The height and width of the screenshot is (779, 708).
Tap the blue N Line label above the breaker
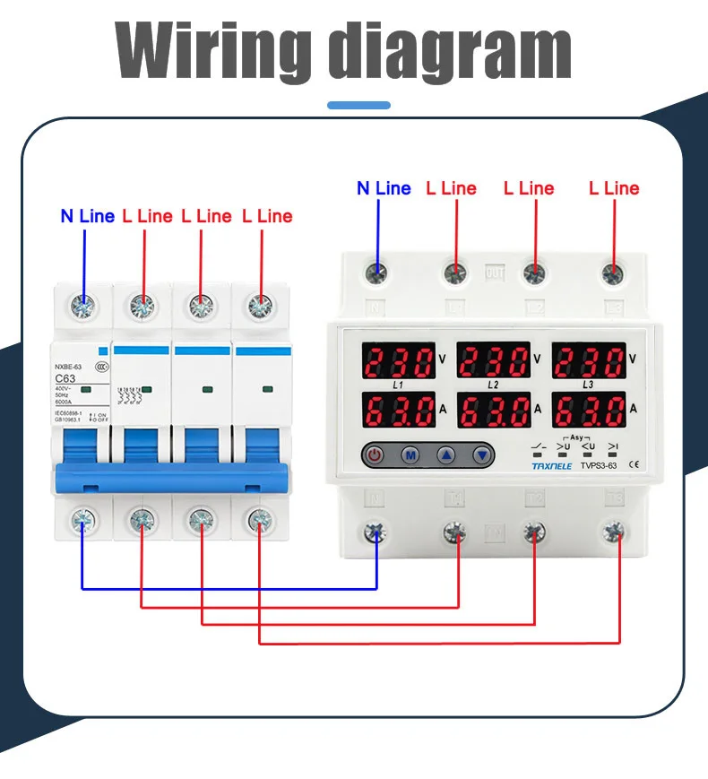coord(87,216)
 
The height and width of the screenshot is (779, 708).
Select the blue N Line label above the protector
coord(384,188)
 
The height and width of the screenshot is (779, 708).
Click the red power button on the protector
coord(375,455)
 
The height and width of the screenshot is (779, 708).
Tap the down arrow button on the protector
coord(483,455)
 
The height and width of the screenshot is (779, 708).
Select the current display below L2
coord(494,411)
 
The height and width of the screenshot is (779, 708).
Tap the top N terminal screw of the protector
coord(377,273)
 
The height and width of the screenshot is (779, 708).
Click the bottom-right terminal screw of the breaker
coord(259,519)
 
